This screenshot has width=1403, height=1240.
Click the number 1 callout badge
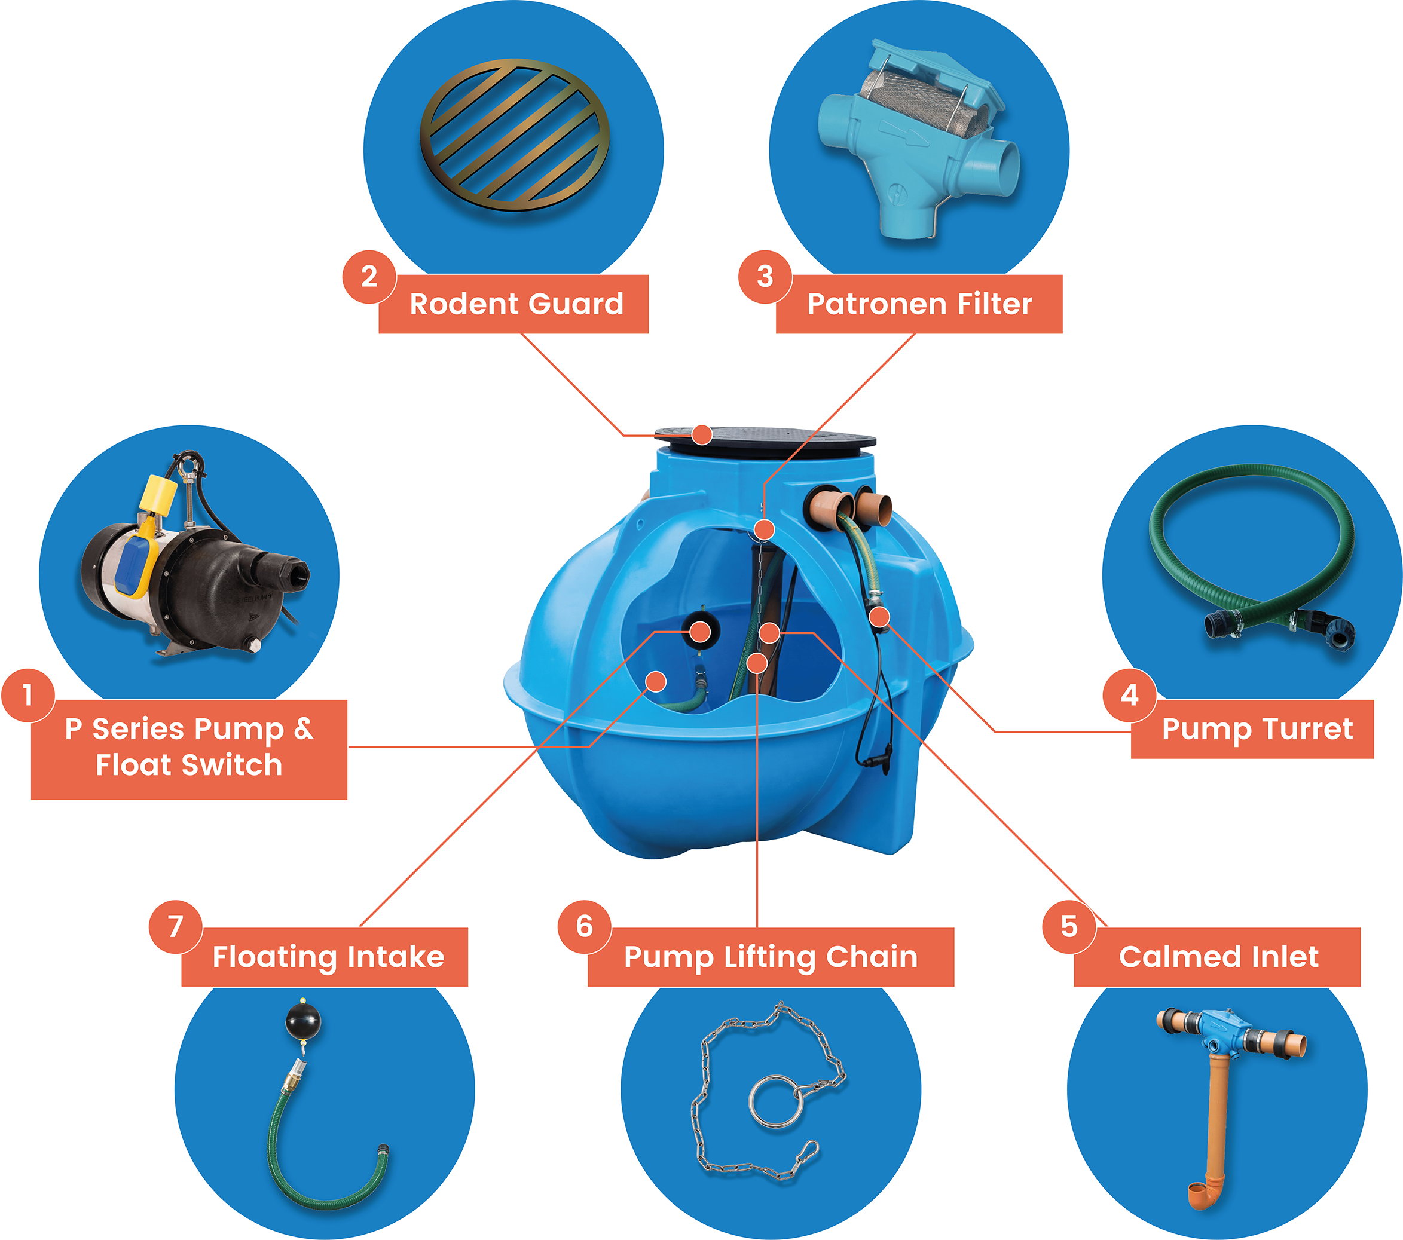point(28,694)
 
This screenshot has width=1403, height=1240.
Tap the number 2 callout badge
point(369,277)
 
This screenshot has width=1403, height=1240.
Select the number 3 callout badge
point(765,277)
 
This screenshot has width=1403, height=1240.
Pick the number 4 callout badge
point(1129,694)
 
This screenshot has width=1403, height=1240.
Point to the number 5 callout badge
point(1069,926)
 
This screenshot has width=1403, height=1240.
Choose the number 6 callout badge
point(584,926)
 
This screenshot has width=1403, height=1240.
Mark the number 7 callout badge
point(176,926)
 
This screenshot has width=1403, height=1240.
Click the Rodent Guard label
point(516,304)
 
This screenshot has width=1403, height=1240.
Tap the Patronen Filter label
point(919,304)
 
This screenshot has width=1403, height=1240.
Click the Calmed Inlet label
point(1218,957)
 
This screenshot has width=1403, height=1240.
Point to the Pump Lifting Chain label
point(771,957)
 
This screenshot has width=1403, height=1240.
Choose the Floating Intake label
point(328,957)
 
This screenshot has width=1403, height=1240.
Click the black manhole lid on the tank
point(765,442)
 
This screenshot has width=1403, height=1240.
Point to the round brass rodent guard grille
point(514,134)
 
